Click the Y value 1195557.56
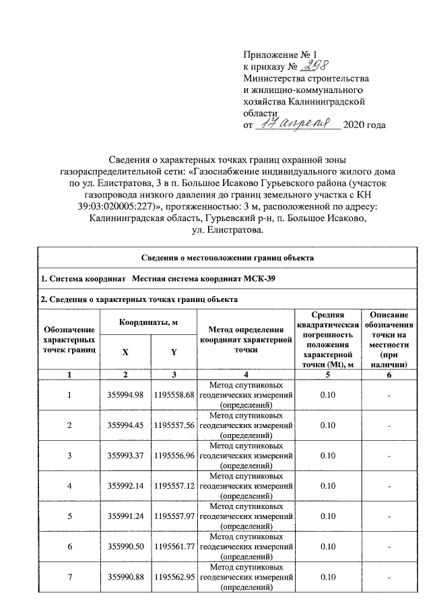174,425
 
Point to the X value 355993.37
126,456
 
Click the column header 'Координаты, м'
148,323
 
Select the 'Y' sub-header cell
173,353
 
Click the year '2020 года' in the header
364,125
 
